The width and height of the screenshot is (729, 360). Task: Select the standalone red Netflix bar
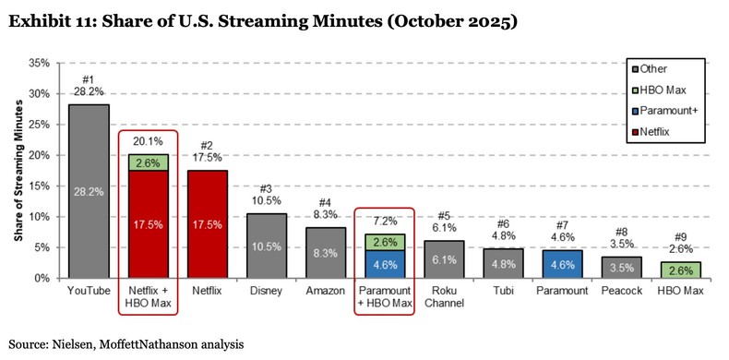point(207,224)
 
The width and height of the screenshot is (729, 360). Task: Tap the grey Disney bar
point(266,246)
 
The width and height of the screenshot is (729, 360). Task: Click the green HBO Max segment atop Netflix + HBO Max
point(148,162)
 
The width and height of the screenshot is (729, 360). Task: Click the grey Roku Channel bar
point(443,259)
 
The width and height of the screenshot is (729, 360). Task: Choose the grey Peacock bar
point(620,268)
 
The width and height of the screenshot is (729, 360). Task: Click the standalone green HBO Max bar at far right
point(679,270)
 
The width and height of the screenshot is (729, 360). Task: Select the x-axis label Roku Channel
point(443,298)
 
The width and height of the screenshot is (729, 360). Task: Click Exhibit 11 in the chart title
point(42,21)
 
